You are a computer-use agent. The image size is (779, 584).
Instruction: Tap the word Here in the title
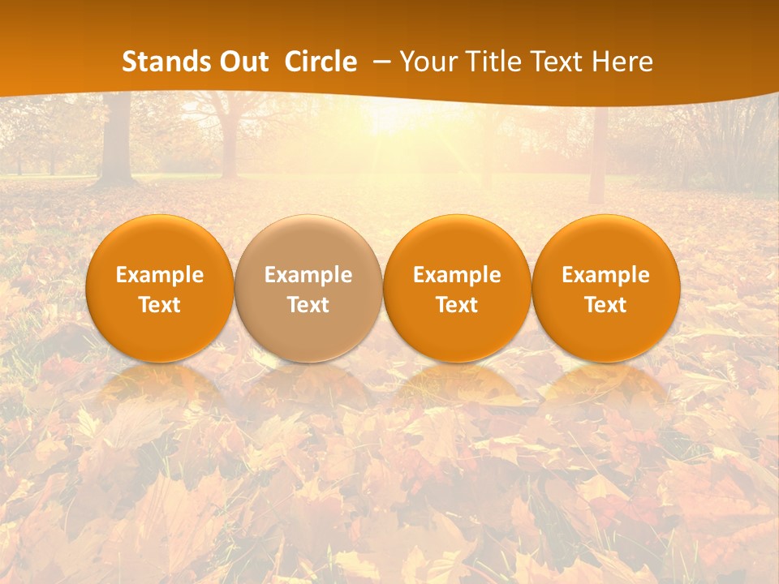(622, 62)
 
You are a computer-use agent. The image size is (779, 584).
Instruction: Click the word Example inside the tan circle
(308, 275)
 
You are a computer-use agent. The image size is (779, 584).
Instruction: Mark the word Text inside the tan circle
(308, 305)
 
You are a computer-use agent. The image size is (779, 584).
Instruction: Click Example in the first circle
(160, 275)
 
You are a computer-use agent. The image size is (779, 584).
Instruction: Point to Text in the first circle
(160, 305)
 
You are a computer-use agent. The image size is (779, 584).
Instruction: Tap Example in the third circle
(457, 275)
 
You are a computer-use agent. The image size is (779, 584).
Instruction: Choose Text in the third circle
(457, 305)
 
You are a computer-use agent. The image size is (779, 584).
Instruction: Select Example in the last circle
(605, 275)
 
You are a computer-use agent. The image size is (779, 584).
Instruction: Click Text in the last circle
(605, 305)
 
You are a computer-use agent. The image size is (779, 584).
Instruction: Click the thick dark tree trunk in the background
(117, 142)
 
